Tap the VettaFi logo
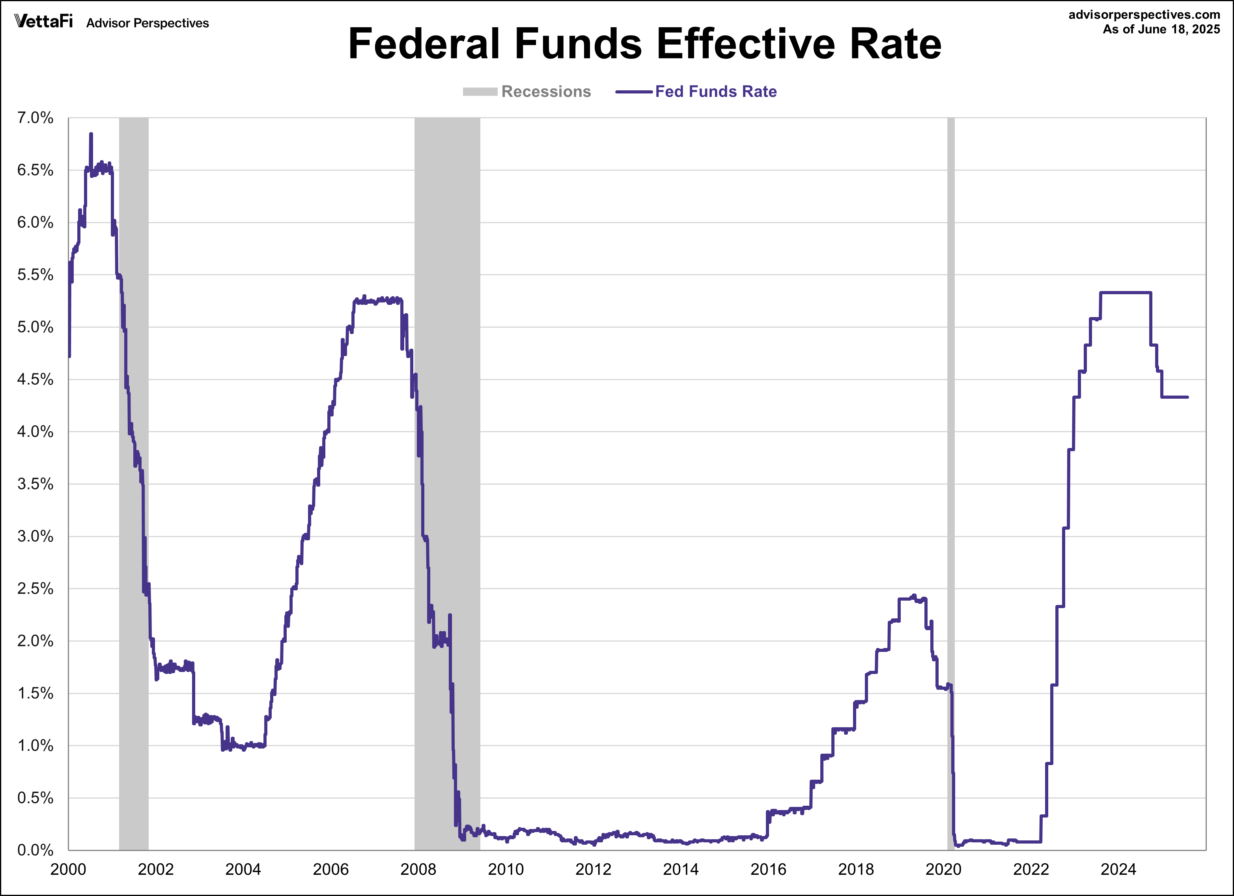tap(43, 21)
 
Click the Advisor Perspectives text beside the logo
tap(147, 23)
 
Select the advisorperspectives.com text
tap(1144, 15)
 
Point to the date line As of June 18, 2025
tap(1161, 29)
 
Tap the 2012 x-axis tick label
tap(593, 869)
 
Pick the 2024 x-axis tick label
tap(1118, 869)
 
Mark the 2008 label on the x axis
tap(418, 869)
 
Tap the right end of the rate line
tap(1187, 397)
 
